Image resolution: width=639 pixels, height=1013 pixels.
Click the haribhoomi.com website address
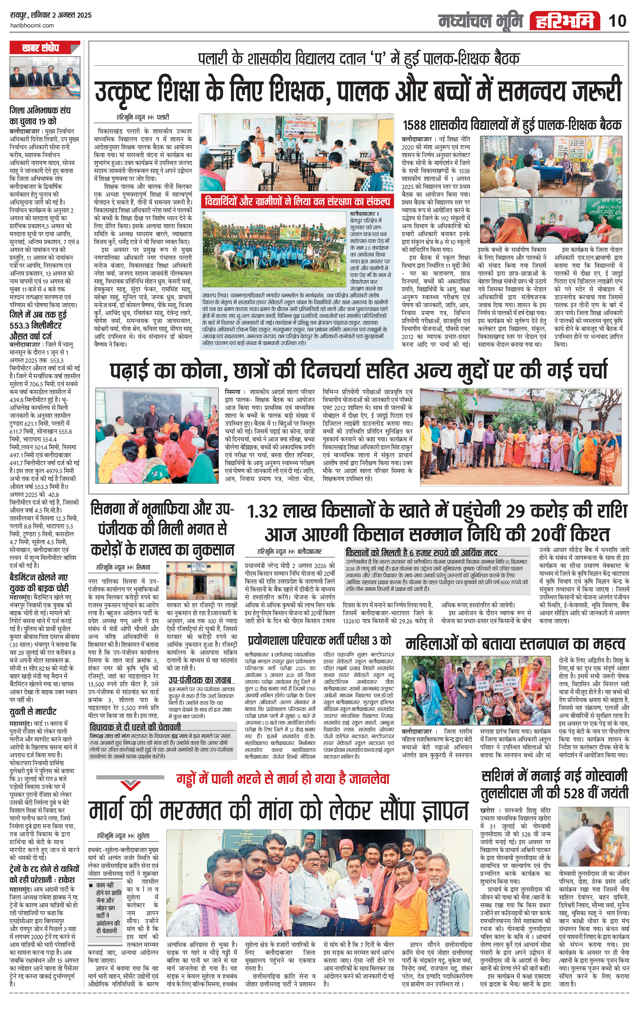click(x=32, y=25)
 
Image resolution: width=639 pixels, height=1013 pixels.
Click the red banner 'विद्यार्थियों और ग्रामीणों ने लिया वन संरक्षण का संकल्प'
click(x=297, y=202)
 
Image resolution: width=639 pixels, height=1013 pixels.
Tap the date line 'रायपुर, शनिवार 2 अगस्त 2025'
click(x=50, y=15)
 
